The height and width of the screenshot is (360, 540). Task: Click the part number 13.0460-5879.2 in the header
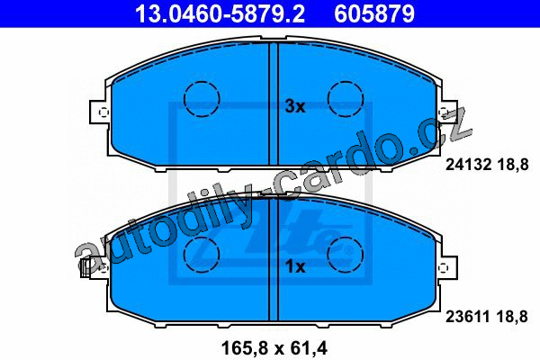[220, 13]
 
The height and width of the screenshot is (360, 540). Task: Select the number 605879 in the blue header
[374, 13]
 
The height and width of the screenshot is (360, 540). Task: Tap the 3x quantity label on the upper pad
[295, 106]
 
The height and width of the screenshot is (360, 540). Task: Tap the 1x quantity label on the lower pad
[295, 266]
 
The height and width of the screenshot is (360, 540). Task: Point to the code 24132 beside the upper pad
[468, 165]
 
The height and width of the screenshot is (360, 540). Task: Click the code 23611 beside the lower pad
[468, 317]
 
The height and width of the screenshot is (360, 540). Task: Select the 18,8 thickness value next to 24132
[513, 165]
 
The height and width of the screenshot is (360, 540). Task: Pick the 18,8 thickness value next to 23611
[512, 317]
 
